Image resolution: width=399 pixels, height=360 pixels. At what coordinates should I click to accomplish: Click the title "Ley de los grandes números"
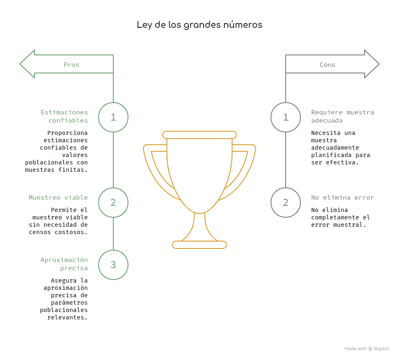coord(199,25)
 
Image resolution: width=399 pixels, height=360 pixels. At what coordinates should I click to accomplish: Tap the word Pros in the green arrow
coord(71,64)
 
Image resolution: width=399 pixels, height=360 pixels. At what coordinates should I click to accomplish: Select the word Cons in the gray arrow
coord(327,64)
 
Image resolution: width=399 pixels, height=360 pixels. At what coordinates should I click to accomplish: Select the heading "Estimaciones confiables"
coord(64,116)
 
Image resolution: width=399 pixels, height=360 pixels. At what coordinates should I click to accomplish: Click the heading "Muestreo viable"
coord(58,198)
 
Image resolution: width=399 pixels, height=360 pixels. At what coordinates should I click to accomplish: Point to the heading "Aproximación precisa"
coord(64,264)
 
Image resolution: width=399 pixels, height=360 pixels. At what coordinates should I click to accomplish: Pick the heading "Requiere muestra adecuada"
coord(342,116)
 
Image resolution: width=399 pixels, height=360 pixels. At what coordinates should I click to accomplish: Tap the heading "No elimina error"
coord(342,198)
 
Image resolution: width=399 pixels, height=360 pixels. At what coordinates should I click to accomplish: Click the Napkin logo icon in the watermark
coord(370,349)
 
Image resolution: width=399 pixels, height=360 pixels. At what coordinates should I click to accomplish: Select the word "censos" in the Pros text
coord(40,232)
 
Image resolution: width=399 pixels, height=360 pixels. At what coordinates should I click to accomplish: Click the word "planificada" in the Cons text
coord(331,155)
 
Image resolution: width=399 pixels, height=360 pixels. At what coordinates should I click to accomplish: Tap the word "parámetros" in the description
coord(69,303)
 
